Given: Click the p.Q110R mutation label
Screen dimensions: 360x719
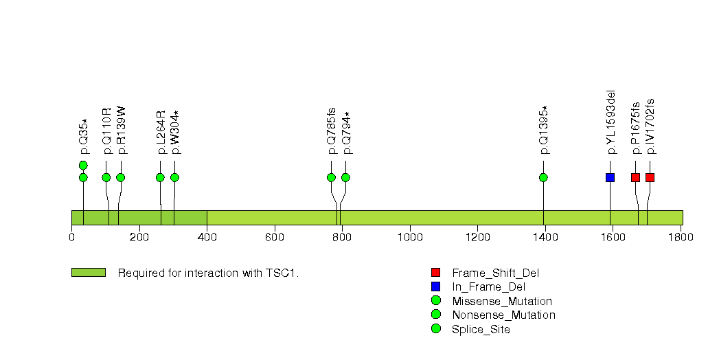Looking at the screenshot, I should click(x=106, y=131).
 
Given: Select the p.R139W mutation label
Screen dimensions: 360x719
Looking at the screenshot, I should click(x=121, y=130).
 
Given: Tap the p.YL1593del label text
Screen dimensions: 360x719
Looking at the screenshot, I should click(x=610, y=122).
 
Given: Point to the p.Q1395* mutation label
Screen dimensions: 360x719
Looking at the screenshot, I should click(x=544, y=130).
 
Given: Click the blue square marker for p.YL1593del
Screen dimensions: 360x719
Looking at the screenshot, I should click(x=610, y=177).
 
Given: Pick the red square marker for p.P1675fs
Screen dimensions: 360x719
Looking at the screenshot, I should click(x=635, y=177).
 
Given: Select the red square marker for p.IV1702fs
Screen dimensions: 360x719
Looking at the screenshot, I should click(x=650, y=177).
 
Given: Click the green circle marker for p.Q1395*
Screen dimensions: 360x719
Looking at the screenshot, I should click(x=543, y=177).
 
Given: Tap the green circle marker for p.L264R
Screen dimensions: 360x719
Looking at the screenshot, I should click(x=160, y=177).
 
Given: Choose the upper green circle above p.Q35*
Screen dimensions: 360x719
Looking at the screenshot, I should click(x=83, y=165).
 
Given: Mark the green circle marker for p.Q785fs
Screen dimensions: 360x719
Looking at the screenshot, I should click(x=331, y=177).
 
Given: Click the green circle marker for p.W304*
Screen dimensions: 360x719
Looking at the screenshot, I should click(x=174, y=177).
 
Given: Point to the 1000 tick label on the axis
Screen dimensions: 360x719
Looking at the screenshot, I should click(x=409, y=237).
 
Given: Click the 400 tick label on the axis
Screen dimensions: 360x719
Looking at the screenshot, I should click(x=207, y=237).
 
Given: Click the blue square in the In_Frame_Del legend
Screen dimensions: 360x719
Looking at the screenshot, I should click(x=435, y=286).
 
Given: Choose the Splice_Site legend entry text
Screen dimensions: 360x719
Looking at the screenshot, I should click(x=481, y=329).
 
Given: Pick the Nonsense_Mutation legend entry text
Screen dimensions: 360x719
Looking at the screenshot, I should click(x=503, y=315).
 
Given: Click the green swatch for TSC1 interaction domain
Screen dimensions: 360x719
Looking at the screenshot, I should click(x=88, y=273).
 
